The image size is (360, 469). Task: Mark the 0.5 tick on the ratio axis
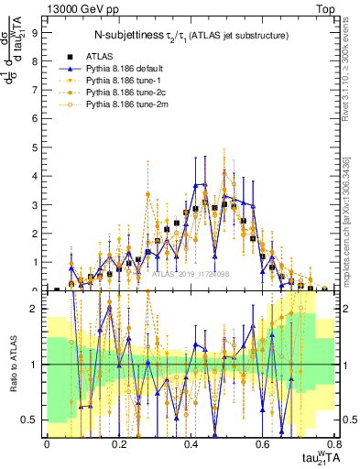29,420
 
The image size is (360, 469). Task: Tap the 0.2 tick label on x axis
118,444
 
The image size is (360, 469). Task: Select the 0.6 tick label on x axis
263,444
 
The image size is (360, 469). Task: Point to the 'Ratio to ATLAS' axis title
12,364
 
